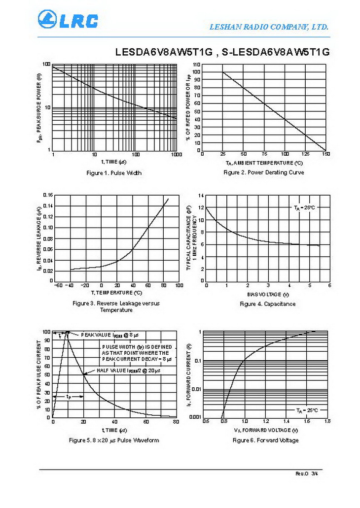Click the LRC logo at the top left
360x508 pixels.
coord(68,20)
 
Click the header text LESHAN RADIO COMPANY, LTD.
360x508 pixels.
coord(269,27)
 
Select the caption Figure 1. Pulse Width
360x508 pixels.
coord(114,172)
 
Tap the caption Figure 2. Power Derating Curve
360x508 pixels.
coord(264,172)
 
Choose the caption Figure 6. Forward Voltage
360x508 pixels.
coord(265,440)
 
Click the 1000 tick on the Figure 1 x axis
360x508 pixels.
coord(177,155)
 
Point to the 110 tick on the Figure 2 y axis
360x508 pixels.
coord(196,65)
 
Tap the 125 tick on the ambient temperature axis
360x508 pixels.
coord(305,154)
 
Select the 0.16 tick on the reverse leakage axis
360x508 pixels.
coord(47,195)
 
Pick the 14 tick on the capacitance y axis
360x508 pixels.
coord(201,196)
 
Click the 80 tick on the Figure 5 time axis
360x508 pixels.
coord(176,422)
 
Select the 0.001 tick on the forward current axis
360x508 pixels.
coord(195,417)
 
